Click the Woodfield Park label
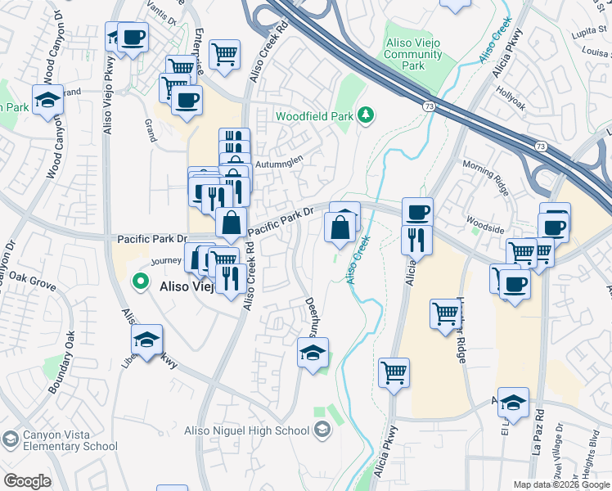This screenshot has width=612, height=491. click(314, 116)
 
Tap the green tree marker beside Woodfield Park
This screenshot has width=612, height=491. click(367, 115)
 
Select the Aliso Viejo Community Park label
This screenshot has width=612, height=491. click(413, 56)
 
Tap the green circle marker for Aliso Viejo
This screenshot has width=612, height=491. click(141, 281)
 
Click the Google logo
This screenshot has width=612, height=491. click(27, 481)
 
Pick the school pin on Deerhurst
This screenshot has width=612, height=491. click(313, 354)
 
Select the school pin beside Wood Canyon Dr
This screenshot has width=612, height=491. click(49, 101)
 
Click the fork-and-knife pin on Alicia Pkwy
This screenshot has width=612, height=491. click(416, 239)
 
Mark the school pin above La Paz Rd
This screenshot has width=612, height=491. click(513, 403)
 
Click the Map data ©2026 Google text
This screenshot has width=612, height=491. click(560, 484)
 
